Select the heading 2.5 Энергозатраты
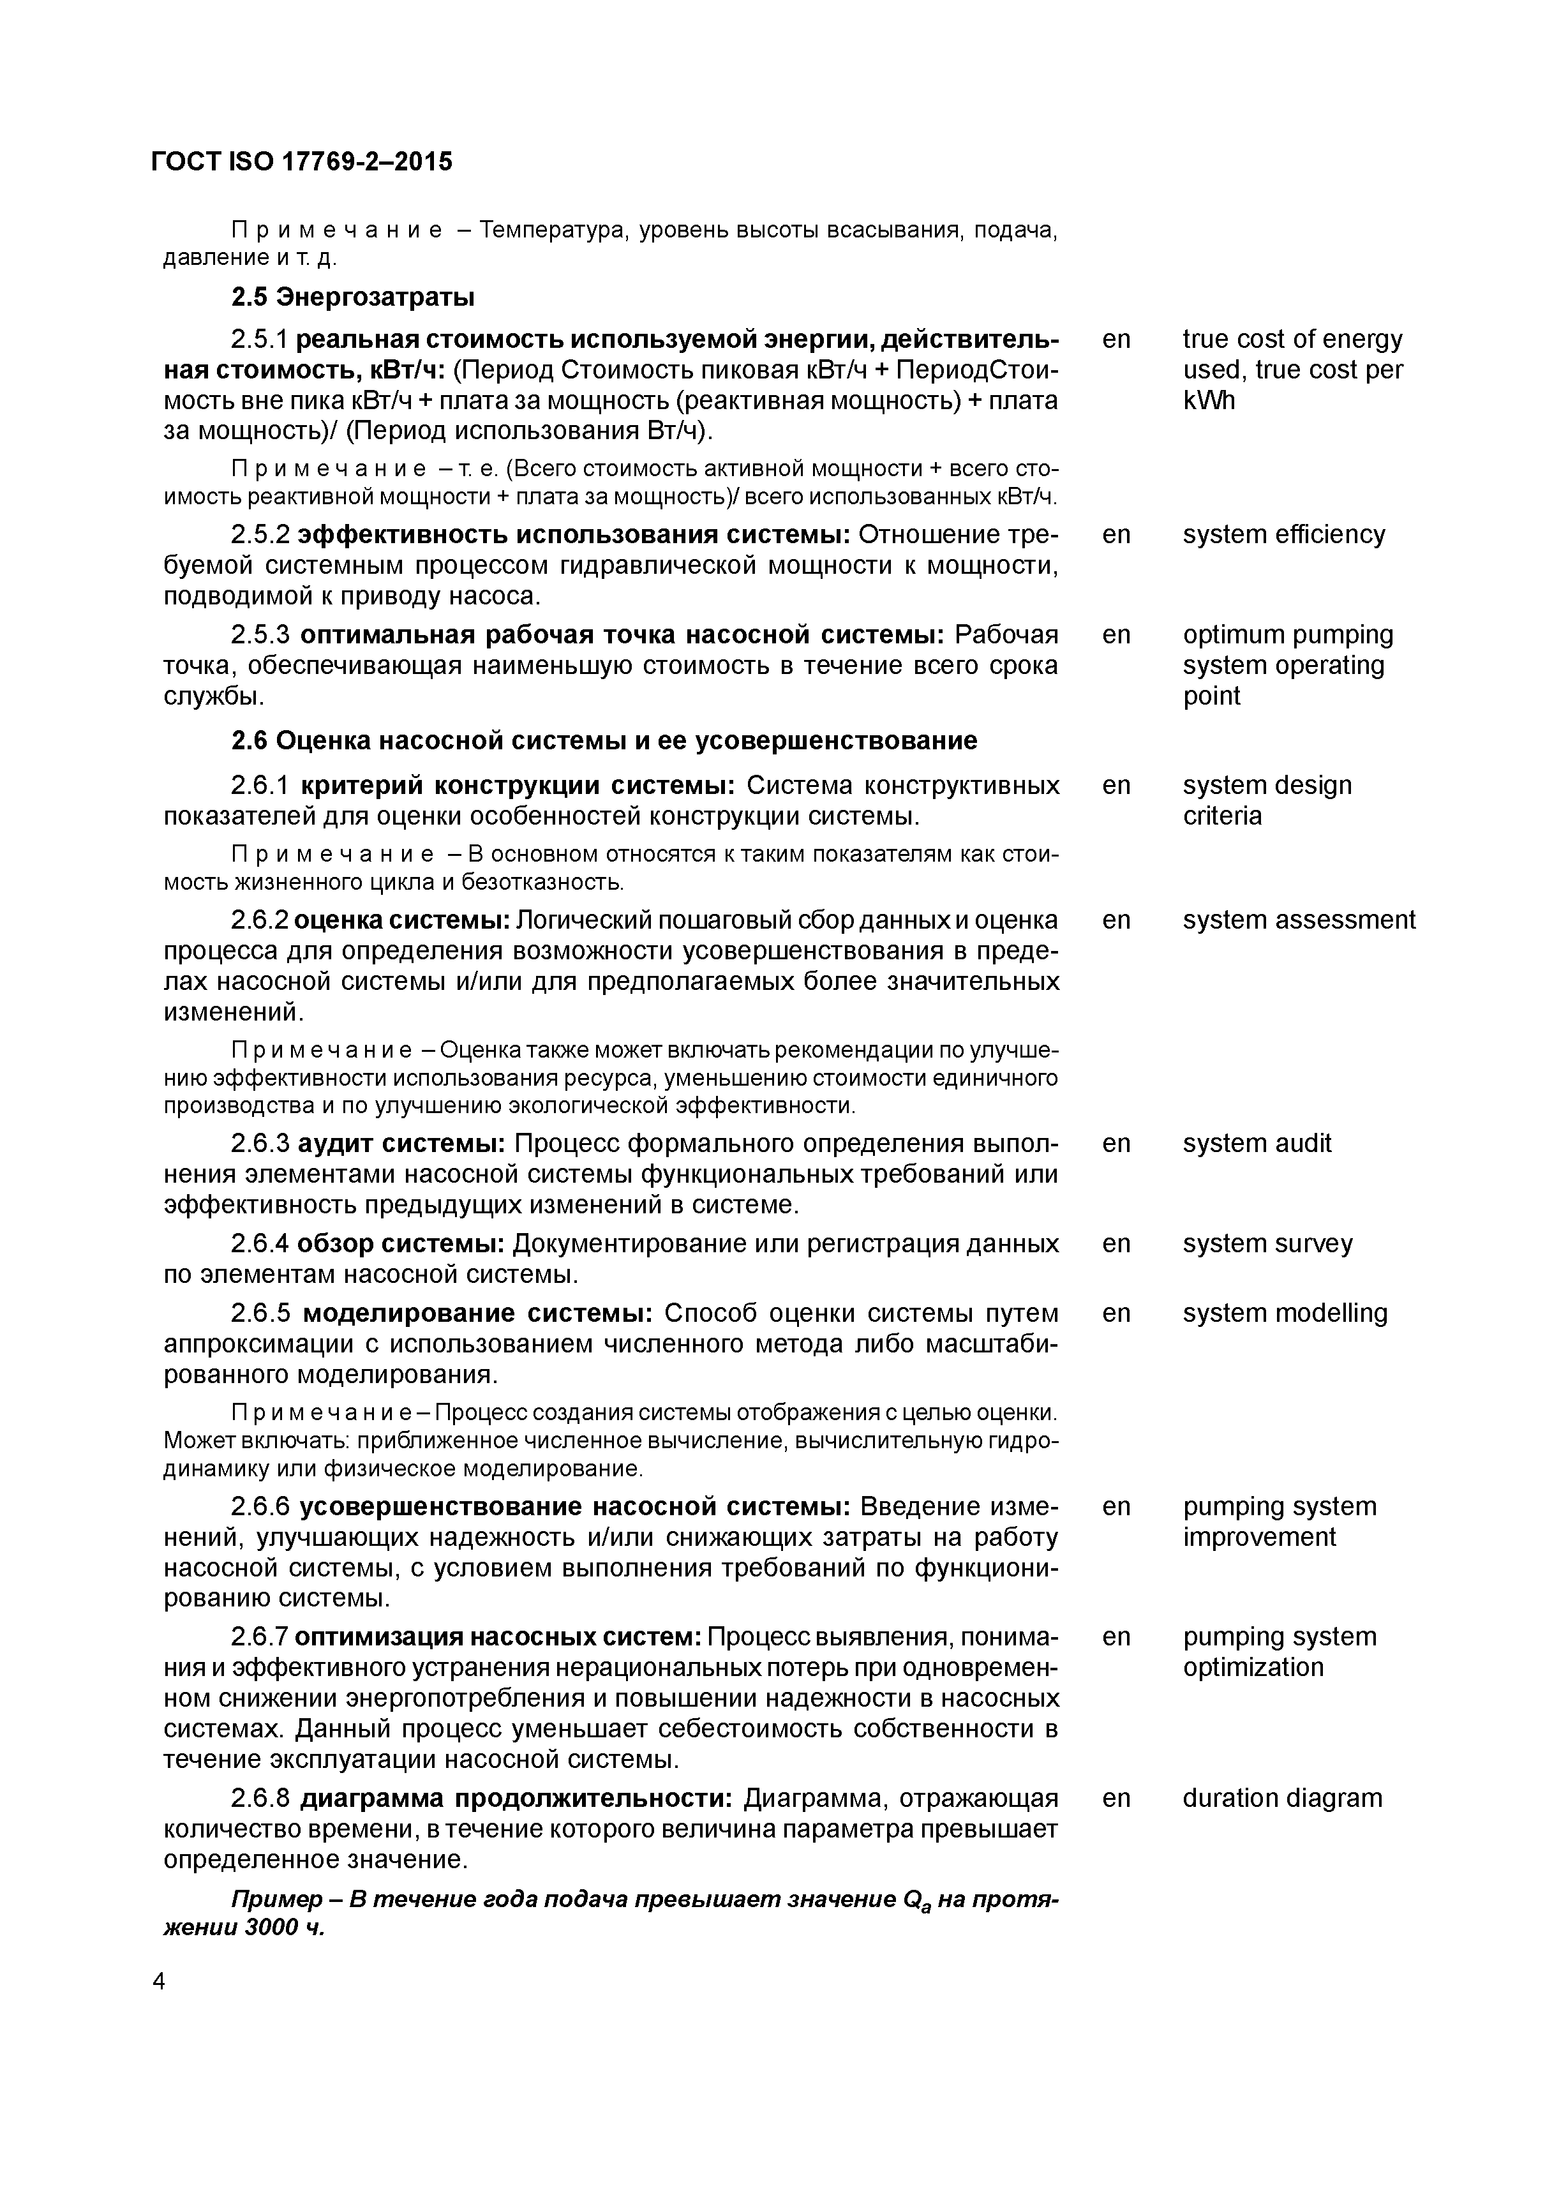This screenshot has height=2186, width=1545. click(352, 298)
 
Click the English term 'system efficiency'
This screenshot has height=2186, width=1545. click(1283, 535)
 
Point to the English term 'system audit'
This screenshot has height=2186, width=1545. click(1257, 1144)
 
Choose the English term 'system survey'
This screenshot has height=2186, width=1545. click(1267, 1245)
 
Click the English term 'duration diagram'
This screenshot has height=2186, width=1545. click(1281, 1799)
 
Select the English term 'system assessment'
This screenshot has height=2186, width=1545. click(1299, 920)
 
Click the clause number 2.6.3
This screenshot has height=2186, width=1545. click(260, 1144)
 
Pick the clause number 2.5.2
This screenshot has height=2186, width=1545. click(260, 535)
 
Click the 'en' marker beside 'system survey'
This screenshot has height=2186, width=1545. click(1116, 1245)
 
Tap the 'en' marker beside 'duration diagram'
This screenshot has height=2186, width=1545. click(1116, 1799)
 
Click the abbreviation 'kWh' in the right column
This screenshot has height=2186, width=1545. click(1209, 401)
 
